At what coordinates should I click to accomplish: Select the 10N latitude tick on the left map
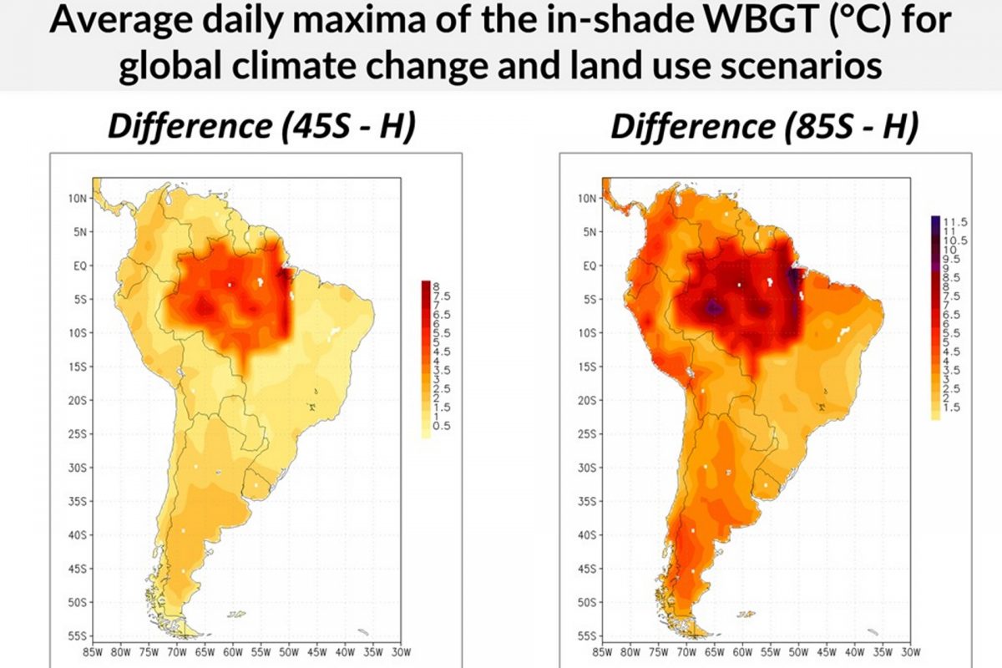78,199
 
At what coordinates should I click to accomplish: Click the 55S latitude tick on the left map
78,636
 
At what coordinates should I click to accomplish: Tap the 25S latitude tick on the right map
587,434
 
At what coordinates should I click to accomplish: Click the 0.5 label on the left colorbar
442,426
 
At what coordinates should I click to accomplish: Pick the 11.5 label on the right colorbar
955,221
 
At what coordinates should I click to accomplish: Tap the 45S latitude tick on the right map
587,569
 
